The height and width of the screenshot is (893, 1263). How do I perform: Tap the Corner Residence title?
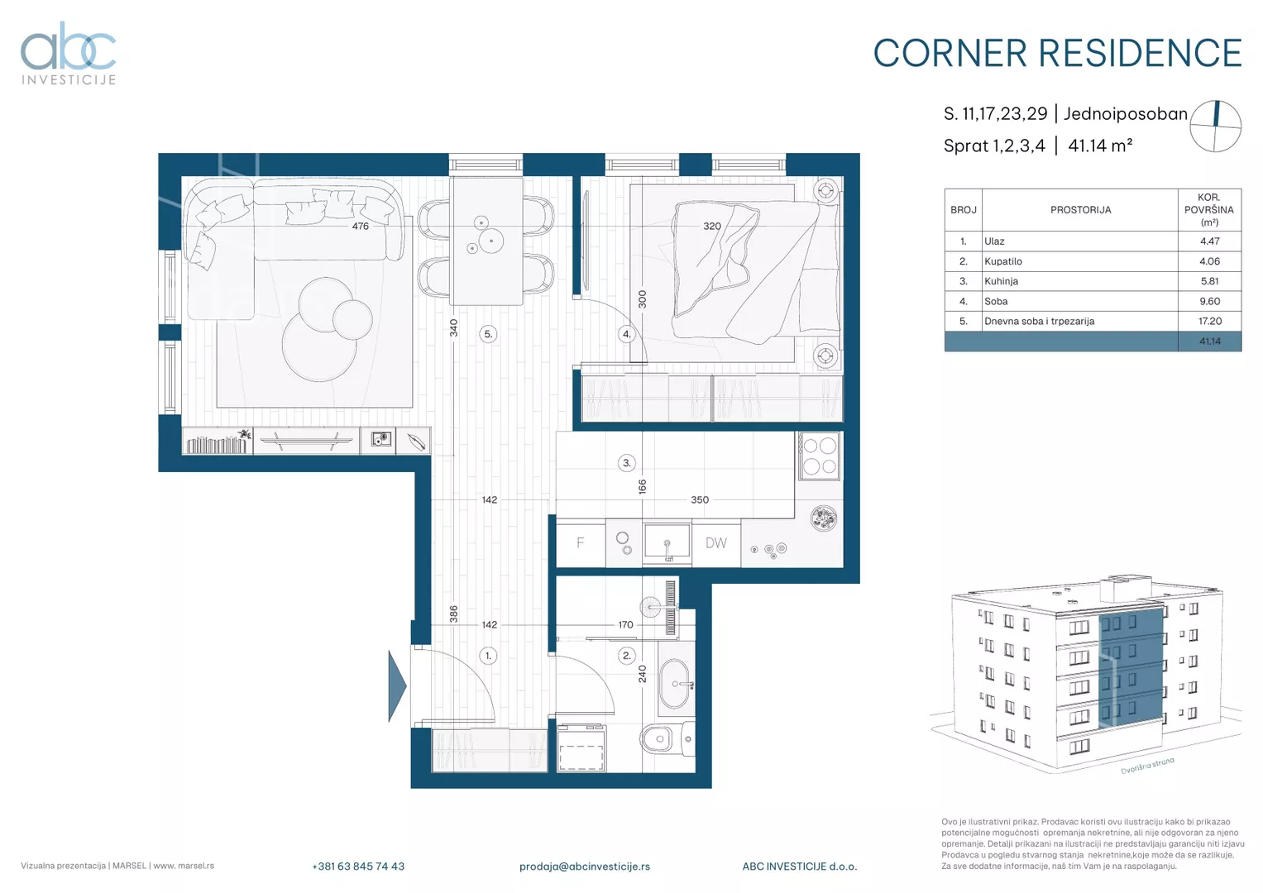click(x=1057, y=54)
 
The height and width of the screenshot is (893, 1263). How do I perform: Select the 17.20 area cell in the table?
click(x=1209, y=322)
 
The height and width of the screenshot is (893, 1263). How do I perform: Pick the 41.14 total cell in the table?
click(x=1209, y=341)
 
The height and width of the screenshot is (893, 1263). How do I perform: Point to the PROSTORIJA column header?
click(x=1080, y=210)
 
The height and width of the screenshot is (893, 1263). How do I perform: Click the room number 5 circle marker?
click(x=488, y=334)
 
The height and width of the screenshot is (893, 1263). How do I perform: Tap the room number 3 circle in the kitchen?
click(x=626, y=463)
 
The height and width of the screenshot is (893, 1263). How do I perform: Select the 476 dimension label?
click(x=361, y=226)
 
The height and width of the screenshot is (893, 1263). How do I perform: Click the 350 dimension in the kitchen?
click(x=700, y=500)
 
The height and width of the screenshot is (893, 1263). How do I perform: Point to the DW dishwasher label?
click(x=716, y=543)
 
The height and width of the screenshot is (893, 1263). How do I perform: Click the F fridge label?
click(x=580, y=543)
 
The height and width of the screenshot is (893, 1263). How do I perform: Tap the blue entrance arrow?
click(x=397, y=686)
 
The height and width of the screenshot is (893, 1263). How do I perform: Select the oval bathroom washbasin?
click(x=674, y=685)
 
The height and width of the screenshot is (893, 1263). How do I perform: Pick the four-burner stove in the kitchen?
click(x=820, y=456)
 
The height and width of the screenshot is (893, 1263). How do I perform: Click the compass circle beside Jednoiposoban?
click(x=1216, y=127)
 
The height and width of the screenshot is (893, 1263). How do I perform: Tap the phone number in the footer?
click(x=358, y=867)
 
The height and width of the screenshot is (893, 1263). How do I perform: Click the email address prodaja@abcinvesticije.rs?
click(x=585, y=867)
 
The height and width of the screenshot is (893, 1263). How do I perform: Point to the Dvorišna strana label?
click(x=1147, y=766)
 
